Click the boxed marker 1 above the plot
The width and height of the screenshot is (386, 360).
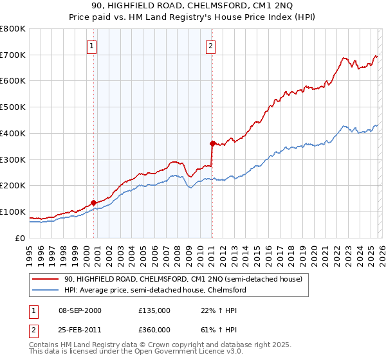(93, 46)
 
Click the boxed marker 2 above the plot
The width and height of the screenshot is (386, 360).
(211, 46)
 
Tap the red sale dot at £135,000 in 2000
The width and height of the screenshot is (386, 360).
(93, 203)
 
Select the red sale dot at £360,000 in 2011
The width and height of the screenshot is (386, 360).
(212, 143)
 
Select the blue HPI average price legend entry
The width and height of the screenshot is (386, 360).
(154, 290)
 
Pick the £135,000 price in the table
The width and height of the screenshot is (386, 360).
(154, 310)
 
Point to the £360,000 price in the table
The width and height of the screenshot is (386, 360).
(154, 330)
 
